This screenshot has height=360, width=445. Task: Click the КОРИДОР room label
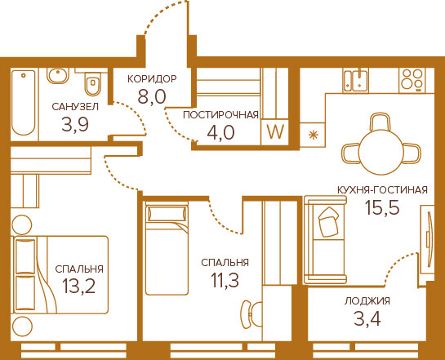pos(152,79)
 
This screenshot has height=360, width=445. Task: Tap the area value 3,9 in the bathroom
pos(75,124)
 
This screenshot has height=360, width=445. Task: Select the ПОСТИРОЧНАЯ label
pos(220,115)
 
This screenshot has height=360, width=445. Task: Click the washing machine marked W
pos(275,132)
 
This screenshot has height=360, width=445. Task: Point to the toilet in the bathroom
pos(93,82)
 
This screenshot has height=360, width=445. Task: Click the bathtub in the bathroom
pos(24,103)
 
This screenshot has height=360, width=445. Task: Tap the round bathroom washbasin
pos(58,75)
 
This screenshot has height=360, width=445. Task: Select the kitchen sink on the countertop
pos(355,80)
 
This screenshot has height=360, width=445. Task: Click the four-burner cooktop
pos(412,80)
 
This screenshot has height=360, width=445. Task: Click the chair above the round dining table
pos(380,122)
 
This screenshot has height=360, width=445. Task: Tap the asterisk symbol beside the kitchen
pos(313,135)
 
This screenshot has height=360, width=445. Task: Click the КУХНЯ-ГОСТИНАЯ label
pos(382,189)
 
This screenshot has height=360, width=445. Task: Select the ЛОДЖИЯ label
pos(367,300)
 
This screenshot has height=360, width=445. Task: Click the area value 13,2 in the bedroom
pos(79,287)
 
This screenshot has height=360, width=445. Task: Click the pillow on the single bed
pos(167,214)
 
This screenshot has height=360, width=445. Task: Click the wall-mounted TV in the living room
pos(430,239)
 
